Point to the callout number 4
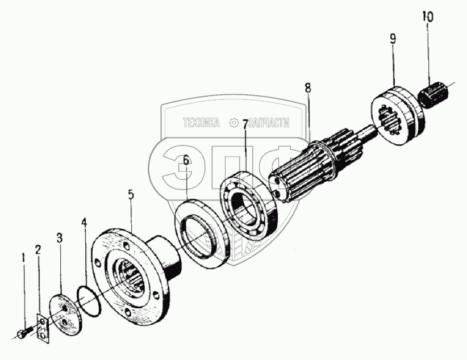click(x=84, y=223)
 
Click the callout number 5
click(x=131, y=195)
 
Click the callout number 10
click(x=427, y=16)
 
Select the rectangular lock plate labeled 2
click(x=41, y=329)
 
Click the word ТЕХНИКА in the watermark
click(x=201, y=123)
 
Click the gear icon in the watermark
click(x=232, y=123)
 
